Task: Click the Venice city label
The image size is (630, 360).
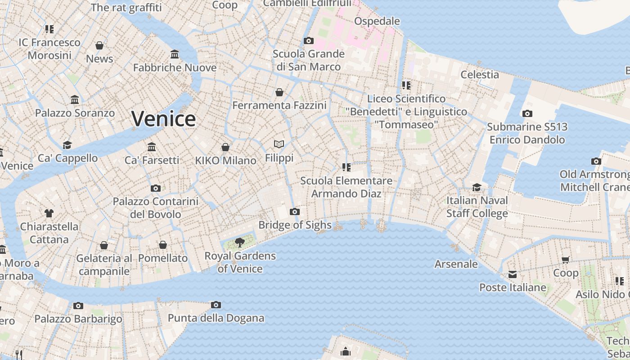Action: tap(163, 119)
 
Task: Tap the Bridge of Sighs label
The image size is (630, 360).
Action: tap(295, 225)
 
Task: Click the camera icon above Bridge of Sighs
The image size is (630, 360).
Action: tap(295, 211)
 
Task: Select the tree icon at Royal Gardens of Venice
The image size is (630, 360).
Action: tap(240, 243)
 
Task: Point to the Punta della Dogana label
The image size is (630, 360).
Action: tap(216, 318)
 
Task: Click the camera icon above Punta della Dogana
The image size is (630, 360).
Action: tap(216, 305)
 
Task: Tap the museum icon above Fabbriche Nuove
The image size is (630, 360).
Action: tap(175, 54)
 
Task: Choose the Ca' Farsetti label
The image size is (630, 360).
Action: tap(152, 160)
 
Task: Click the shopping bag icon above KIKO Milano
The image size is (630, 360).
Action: tap(225, 147)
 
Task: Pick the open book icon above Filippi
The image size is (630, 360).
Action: tap(279, 144)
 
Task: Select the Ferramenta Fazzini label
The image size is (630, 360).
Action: tap(279, 105)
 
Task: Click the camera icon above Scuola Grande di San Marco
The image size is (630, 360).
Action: tap(308, 40)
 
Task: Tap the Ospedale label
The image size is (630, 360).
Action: tap(377, 21)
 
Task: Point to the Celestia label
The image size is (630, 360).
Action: tap(480, 74)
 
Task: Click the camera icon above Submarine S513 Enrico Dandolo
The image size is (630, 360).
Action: tap(527, 113)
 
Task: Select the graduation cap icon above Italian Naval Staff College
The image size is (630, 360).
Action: tap(477, 187)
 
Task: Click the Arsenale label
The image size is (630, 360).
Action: tap(456, 264)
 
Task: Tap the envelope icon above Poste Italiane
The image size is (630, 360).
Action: tap(512, 274)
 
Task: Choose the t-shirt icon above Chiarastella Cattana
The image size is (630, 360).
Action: tap(49, 213)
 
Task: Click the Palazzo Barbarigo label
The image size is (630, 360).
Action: tap(78, 319)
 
